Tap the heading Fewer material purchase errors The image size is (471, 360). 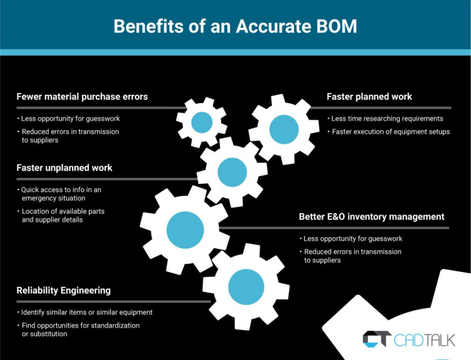coord(82,97)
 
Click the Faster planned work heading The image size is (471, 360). coord(369,97)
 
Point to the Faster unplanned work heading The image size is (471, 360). coord(64,168)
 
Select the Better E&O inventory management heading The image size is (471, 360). coord(371,216)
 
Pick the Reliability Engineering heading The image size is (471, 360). coord(63,290)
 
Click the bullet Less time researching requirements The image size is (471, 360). coord(387,119)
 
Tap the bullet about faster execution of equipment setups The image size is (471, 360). coord(391,131)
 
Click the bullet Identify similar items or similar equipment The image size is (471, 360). coord(86,312)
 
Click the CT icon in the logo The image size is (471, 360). coord(377,339)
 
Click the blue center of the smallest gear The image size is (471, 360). coord(202,122)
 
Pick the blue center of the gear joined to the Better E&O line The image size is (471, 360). coord(185,230)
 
